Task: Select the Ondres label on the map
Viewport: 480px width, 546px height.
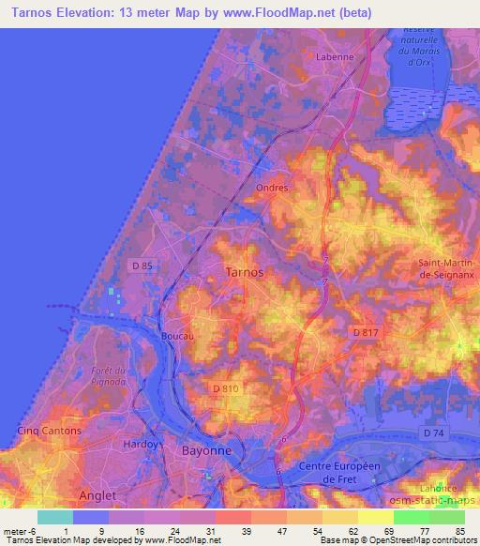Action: coord(272,188)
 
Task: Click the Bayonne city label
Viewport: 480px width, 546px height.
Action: coord(204,451)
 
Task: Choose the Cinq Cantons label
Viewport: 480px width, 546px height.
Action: coord(49,431)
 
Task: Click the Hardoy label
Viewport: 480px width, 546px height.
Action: coord(142,444)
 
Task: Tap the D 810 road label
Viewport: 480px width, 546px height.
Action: coord(225,388)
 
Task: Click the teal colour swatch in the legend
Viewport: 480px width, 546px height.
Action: coord(54,517)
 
